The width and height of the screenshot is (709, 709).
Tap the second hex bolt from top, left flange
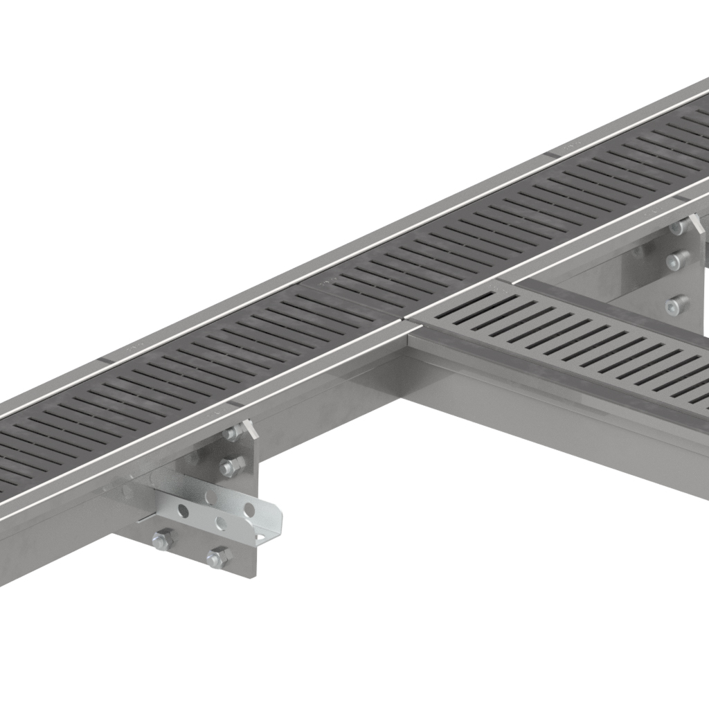point(232,466)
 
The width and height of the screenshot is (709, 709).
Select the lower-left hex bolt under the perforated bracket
point(163,540)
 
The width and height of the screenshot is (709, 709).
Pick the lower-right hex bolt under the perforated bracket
point(219,557)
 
